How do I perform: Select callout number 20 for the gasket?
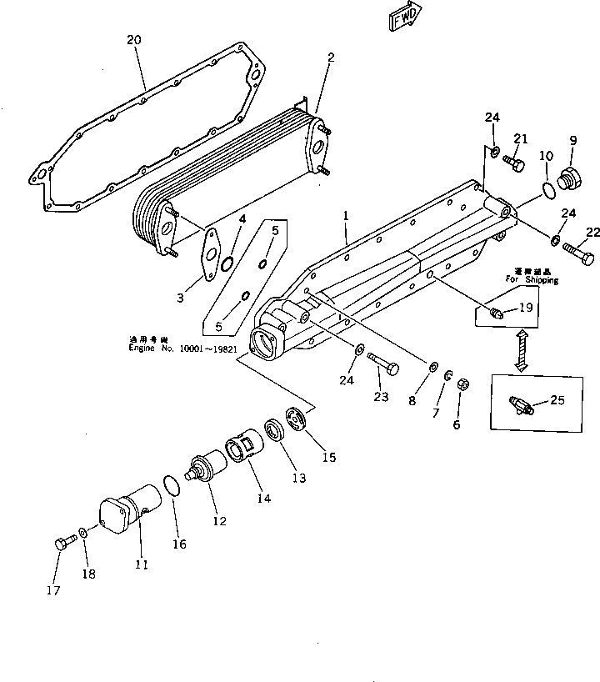click(x=134, y=39)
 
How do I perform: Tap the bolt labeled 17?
click(x=62, y=544)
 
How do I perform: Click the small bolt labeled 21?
click(x=513, y=165)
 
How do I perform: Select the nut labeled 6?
click(x=466, y=385)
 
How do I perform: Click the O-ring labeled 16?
click(x=170, y=486)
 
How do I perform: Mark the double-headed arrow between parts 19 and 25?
click(x=522, y=350)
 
